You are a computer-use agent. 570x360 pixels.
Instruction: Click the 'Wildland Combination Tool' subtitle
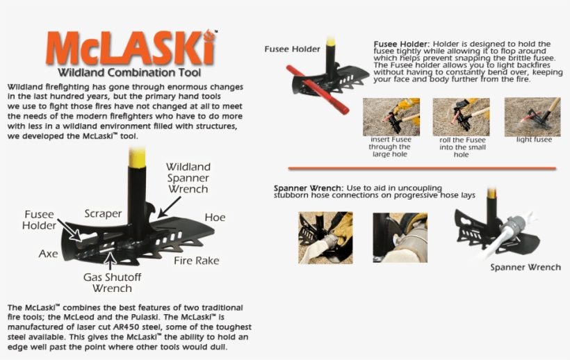[x=130, y=72]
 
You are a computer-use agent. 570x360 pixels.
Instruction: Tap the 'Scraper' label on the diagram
[x=103, y=214]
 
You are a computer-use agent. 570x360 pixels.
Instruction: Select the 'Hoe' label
[x=215, y=218]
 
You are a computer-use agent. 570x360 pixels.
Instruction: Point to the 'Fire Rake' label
[x=196, y=261]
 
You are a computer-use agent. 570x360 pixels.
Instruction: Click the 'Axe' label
[x=48, y=254]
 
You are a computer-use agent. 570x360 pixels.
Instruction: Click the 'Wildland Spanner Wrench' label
[x=187, y=178]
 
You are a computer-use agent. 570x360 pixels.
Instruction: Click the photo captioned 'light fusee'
[x=532, y=116]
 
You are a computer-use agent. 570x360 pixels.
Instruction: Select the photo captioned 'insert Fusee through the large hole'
[x=391, y=116]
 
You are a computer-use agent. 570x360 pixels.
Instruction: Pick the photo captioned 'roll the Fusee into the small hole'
[x=461, y=116]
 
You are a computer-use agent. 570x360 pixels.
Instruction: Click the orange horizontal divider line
[x=422, y=168]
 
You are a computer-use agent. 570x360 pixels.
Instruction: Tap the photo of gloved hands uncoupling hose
[x=325, y=238]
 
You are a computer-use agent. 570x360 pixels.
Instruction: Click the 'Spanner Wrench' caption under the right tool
[x=525, y=267]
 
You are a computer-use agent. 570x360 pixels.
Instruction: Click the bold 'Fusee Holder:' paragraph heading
[x=402, y=44]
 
